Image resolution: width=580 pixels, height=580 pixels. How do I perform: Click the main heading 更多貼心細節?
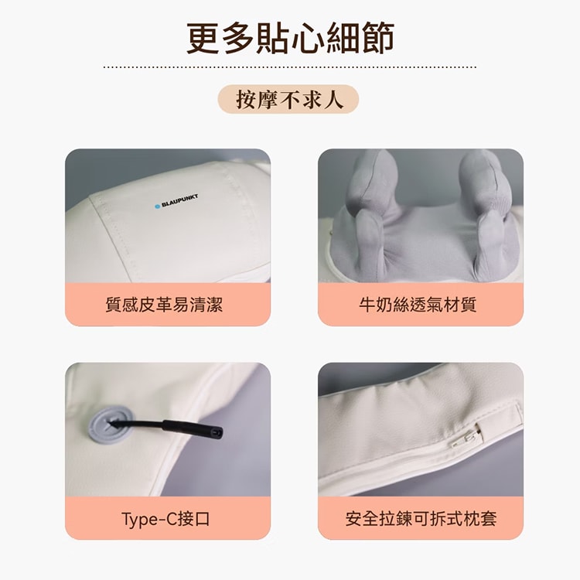[290, 38]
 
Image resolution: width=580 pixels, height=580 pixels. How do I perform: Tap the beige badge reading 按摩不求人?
[288, 99]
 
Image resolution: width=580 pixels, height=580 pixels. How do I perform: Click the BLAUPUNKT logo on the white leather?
[176, 201]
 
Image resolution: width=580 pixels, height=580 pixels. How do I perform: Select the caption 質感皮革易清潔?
[164, 305]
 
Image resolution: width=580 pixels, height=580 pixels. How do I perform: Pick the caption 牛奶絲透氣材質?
[418, 305]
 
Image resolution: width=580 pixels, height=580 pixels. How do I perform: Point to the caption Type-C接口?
[165, 519]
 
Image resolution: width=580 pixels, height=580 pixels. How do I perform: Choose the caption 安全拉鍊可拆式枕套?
[421, 519]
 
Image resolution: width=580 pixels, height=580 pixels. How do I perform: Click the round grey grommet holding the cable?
[110, 425]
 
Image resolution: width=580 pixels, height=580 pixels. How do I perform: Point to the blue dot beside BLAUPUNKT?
[157, 206]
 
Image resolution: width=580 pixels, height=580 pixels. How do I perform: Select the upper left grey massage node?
[373, 180]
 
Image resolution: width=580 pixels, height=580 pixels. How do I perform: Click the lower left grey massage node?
[369, 243]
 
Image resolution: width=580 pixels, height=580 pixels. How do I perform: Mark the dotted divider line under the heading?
[290, 67]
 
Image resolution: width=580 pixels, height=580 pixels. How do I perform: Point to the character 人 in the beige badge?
[333, 99]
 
